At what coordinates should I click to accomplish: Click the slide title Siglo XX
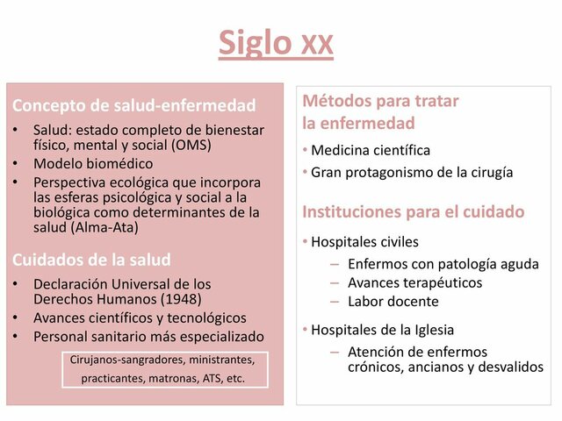tap(276, 41)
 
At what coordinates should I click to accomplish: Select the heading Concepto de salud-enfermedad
tap(134, 106)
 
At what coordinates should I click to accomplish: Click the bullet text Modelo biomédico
tap(93, 164)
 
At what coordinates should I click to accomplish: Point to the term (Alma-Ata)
tap(108, 227)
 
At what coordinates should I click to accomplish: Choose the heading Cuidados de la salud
tap(91, 260)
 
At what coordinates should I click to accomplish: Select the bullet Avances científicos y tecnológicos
tap(140, 318)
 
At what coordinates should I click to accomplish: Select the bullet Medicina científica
tap(371, 150)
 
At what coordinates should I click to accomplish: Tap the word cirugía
tap(487, 172)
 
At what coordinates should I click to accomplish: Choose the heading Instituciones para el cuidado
tap(413, 211)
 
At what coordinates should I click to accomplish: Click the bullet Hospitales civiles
tap(364, 241)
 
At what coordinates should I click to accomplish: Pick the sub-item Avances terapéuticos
tap(414, 282)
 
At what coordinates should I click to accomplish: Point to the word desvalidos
tap(510, 367)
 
